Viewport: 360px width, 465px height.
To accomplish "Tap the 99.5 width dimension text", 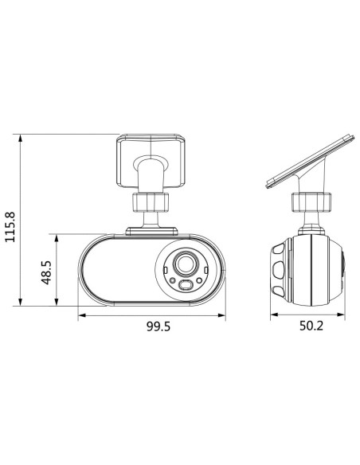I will tap(151, 326).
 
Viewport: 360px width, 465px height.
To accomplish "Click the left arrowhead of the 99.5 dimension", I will tap(80, 315).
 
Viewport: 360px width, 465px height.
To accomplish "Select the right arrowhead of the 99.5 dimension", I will tap(223, 315).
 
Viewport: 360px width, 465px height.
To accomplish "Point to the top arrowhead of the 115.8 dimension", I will tap(19, 138).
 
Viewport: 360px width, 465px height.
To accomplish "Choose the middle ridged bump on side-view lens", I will tap(278, 272).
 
